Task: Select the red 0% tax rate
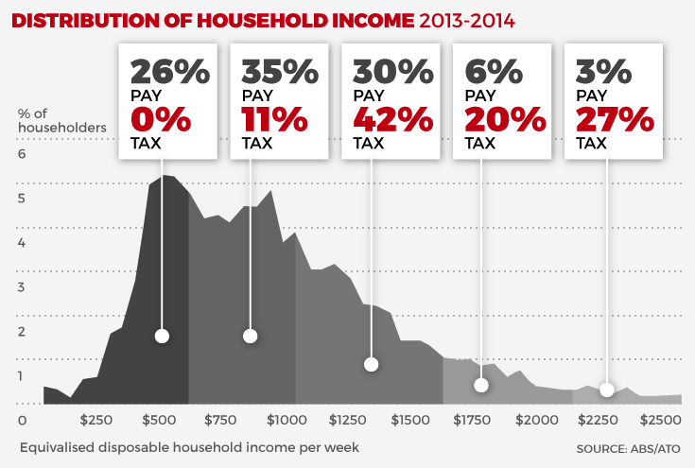(x=161, y=120)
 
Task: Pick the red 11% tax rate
(x=274, y=120)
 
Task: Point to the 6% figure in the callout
(x=488, y=73)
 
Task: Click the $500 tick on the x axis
(x=158, y=419)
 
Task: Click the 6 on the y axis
(x=23, y=154)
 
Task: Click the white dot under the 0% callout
(x=162, y=336)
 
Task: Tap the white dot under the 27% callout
(x=606, y=390)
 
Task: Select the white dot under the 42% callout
(x=371, y=364)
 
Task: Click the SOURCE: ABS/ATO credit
(x=628, y=446)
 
